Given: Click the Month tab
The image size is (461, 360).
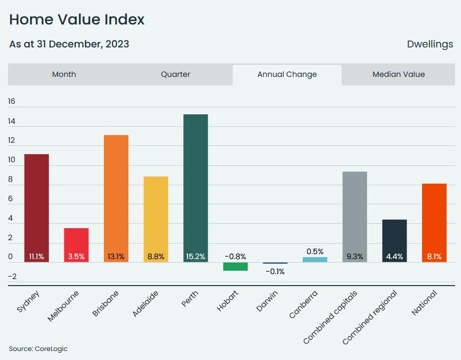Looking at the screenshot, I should click(64, 74).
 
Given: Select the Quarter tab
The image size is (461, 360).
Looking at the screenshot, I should click(175, 74).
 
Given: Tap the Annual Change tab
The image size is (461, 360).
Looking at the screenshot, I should click(287, 74).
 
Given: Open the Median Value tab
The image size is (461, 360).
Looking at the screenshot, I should click(398, 74).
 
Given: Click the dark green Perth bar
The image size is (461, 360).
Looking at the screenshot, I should click(195, 185).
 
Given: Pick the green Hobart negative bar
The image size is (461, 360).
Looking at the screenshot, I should click(235, 267).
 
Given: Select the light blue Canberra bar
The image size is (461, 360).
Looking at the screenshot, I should click(315, 260).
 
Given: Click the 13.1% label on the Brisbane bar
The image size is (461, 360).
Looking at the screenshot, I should click(115, 257).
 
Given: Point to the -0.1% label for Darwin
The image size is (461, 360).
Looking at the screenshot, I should click(275, 272).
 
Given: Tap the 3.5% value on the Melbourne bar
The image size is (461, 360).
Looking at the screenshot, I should click(76, 257).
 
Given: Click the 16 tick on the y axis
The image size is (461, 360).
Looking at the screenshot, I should click(11, 101).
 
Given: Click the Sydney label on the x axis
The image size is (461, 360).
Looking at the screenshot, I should click(29, 301).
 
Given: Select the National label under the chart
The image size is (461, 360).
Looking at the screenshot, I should click(425, 303).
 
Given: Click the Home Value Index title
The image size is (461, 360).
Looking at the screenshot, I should click(76, 19).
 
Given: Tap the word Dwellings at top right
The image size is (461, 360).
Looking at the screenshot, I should click(430, 44).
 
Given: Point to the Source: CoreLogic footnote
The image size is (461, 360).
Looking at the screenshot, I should click(38, 349).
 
